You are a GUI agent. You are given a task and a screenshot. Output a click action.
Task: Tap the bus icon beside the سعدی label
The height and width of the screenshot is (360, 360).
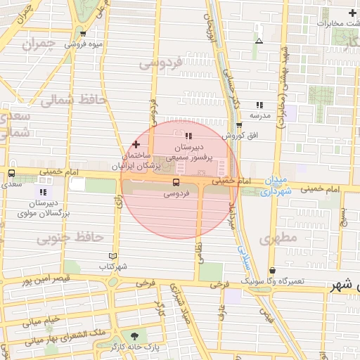point(11,173)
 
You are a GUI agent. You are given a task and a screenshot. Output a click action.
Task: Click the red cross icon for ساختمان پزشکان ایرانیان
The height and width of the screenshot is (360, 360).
point(136,143)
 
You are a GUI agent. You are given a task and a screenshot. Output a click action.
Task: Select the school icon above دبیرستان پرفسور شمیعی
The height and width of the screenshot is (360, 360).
point(188,136)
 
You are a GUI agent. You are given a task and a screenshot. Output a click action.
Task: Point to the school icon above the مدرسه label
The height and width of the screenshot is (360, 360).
point(259,104)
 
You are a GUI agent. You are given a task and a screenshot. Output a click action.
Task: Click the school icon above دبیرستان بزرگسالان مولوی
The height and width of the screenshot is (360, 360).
point(44,192)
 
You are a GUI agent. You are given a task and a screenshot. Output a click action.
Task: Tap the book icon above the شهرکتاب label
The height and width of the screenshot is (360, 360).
point(114,257)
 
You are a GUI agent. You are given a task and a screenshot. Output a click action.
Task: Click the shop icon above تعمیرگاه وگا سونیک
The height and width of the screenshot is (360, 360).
point(272,271)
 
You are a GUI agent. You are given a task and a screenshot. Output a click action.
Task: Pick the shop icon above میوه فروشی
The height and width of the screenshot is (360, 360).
point(84,34)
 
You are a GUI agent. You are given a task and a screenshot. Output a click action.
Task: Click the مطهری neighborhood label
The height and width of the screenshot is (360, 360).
point(278,238)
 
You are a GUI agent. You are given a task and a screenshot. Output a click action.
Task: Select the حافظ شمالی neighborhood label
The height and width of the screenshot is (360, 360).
point(72,101)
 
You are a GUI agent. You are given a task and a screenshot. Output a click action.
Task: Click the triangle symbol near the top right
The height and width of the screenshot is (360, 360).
point(259,41)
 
